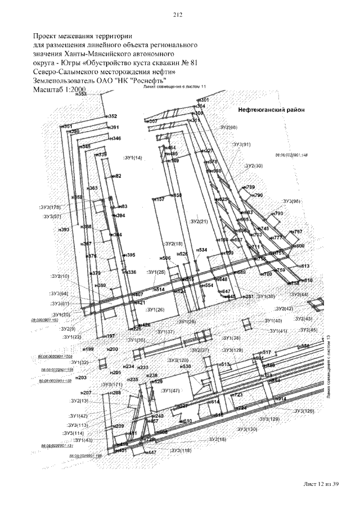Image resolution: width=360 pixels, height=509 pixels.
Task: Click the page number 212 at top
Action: coord(179,15)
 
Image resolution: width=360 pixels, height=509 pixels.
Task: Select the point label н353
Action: coord(82,94)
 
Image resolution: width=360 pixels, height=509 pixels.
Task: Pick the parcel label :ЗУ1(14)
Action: coord(133,157)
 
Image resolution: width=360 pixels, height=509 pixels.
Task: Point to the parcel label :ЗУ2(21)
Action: coord(199,221)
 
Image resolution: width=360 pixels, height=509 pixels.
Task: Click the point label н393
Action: coord(64,229)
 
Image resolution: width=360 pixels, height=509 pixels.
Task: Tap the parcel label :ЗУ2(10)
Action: coord(60,276)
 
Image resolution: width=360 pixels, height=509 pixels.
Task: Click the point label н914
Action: coord(280,399)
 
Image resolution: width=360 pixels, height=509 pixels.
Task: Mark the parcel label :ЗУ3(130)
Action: coord(247,429)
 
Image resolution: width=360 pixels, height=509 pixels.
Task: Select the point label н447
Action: coord(150,452)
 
